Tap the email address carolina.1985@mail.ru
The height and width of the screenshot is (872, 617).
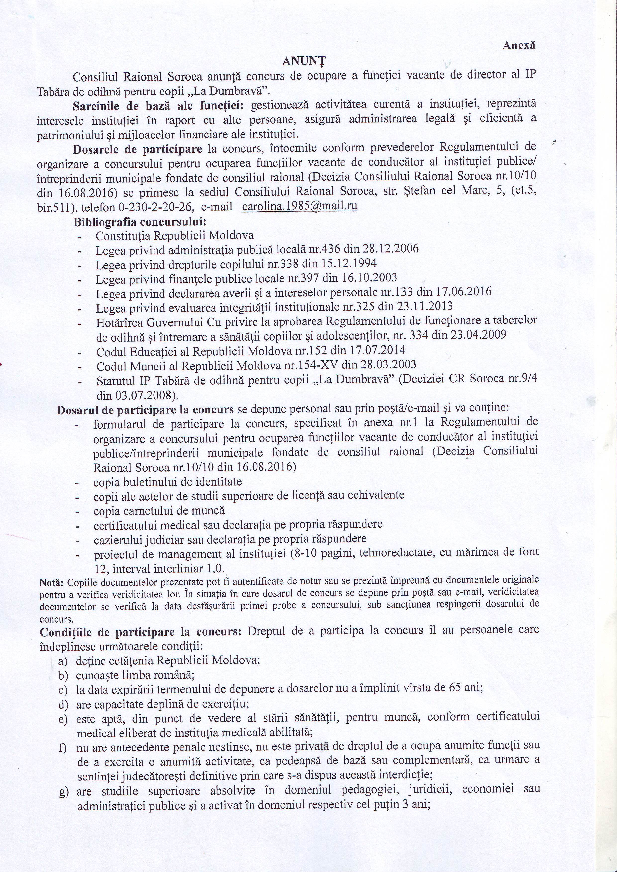tap(299, 206)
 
